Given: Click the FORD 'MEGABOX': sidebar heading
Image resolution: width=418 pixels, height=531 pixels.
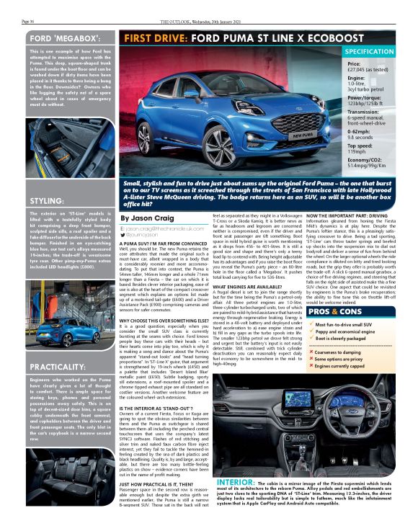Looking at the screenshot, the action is [x=60, y=37].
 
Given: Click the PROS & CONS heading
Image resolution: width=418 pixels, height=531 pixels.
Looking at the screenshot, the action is [x=337, y=313].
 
